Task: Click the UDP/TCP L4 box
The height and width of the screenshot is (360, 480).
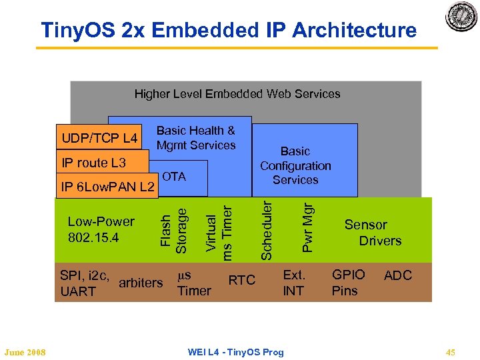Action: click(x=99, y=139)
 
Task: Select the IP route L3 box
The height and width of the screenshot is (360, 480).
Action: click(x=94, y=163)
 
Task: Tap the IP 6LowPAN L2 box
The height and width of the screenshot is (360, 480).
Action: click(x=107, y=187)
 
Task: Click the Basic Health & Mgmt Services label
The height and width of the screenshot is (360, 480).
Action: click(x=196, y=138)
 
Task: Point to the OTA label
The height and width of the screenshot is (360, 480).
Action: click(x=174, y=177)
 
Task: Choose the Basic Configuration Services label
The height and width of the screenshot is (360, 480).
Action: click(x=295, y=165)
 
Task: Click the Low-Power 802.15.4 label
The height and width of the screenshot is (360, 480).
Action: click(x=101, y=229)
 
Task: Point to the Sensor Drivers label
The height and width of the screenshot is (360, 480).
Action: click(x=372, y=233)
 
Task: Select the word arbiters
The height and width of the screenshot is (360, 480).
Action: click(x=141, y=283)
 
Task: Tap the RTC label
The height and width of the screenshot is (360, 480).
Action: click(x=242, y=280)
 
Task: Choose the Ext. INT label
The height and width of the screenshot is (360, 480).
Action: click(x=294, y=282)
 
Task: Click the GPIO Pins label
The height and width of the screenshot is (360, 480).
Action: click(x=348, y=282)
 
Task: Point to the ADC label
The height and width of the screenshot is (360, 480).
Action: click(x=398, y=275)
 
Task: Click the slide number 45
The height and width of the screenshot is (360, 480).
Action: click(x=450, y=352)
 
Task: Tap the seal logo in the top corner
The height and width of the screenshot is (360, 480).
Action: click(x=461, y=16)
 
